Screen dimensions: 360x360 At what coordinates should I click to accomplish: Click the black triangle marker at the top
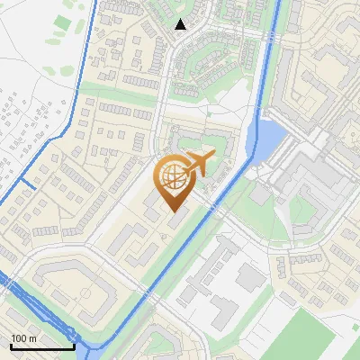point(181,24)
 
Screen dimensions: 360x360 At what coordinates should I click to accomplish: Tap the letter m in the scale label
point(32,338)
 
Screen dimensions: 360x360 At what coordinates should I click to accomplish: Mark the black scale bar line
point(41,346)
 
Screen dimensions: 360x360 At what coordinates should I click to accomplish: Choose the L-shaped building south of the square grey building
point(225,310)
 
